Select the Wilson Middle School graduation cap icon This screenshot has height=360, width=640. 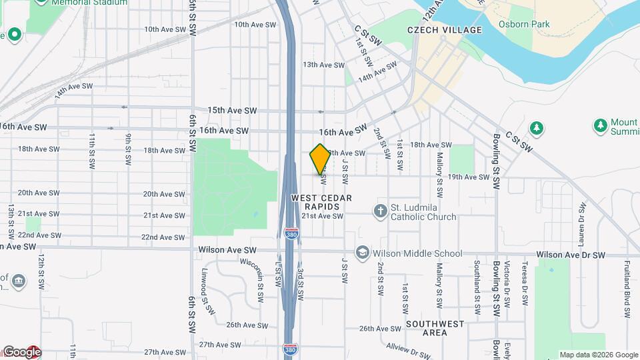[362, 253]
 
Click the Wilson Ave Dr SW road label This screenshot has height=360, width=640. [570, 255]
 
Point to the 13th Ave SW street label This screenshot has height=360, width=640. [323, 65]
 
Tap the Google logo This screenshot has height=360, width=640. [21, 351]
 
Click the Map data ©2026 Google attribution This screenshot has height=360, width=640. [599, 355]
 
